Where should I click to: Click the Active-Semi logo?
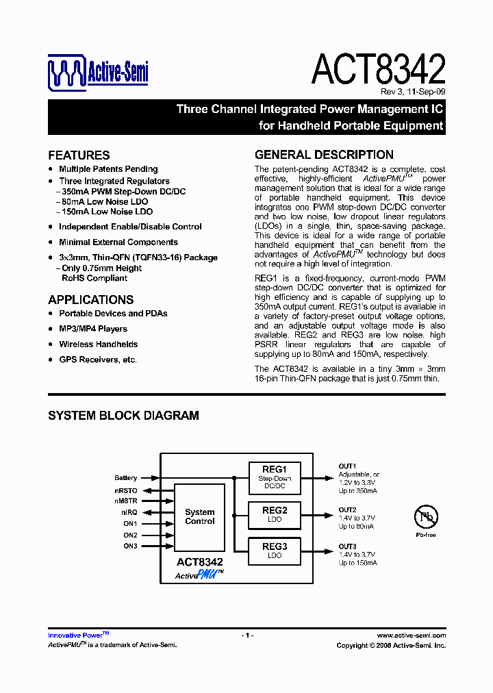tap(98, 73)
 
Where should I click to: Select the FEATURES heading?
tap(79, 155)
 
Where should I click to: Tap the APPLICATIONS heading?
tap(90, 300)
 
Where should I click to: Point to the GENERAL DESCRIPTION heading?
tap(324, 155)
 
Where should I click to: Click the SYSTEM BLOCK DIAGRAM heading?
tap(123, 416)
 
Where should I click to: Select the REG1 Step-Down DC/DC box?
tap(275, 478)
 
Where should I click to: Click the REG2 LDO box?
tap(275, 515)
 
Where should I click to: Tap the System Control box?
tap(199, 517)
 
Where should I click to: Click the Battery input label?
tap(126, 478)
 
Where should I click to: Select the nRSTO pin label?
tap(126, 490)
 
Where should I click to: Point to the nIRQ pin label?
tap(129, 512)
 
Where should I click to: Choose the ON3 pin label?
tap(130, 546)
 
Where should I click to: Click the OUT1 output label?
tap(347, 466)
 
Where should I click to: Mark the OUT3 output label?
tap(347, 546)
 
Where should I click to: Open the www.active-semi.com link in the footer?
tap(411, 635)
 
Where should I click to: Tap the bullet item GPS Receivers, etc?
tap(98, 360)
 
